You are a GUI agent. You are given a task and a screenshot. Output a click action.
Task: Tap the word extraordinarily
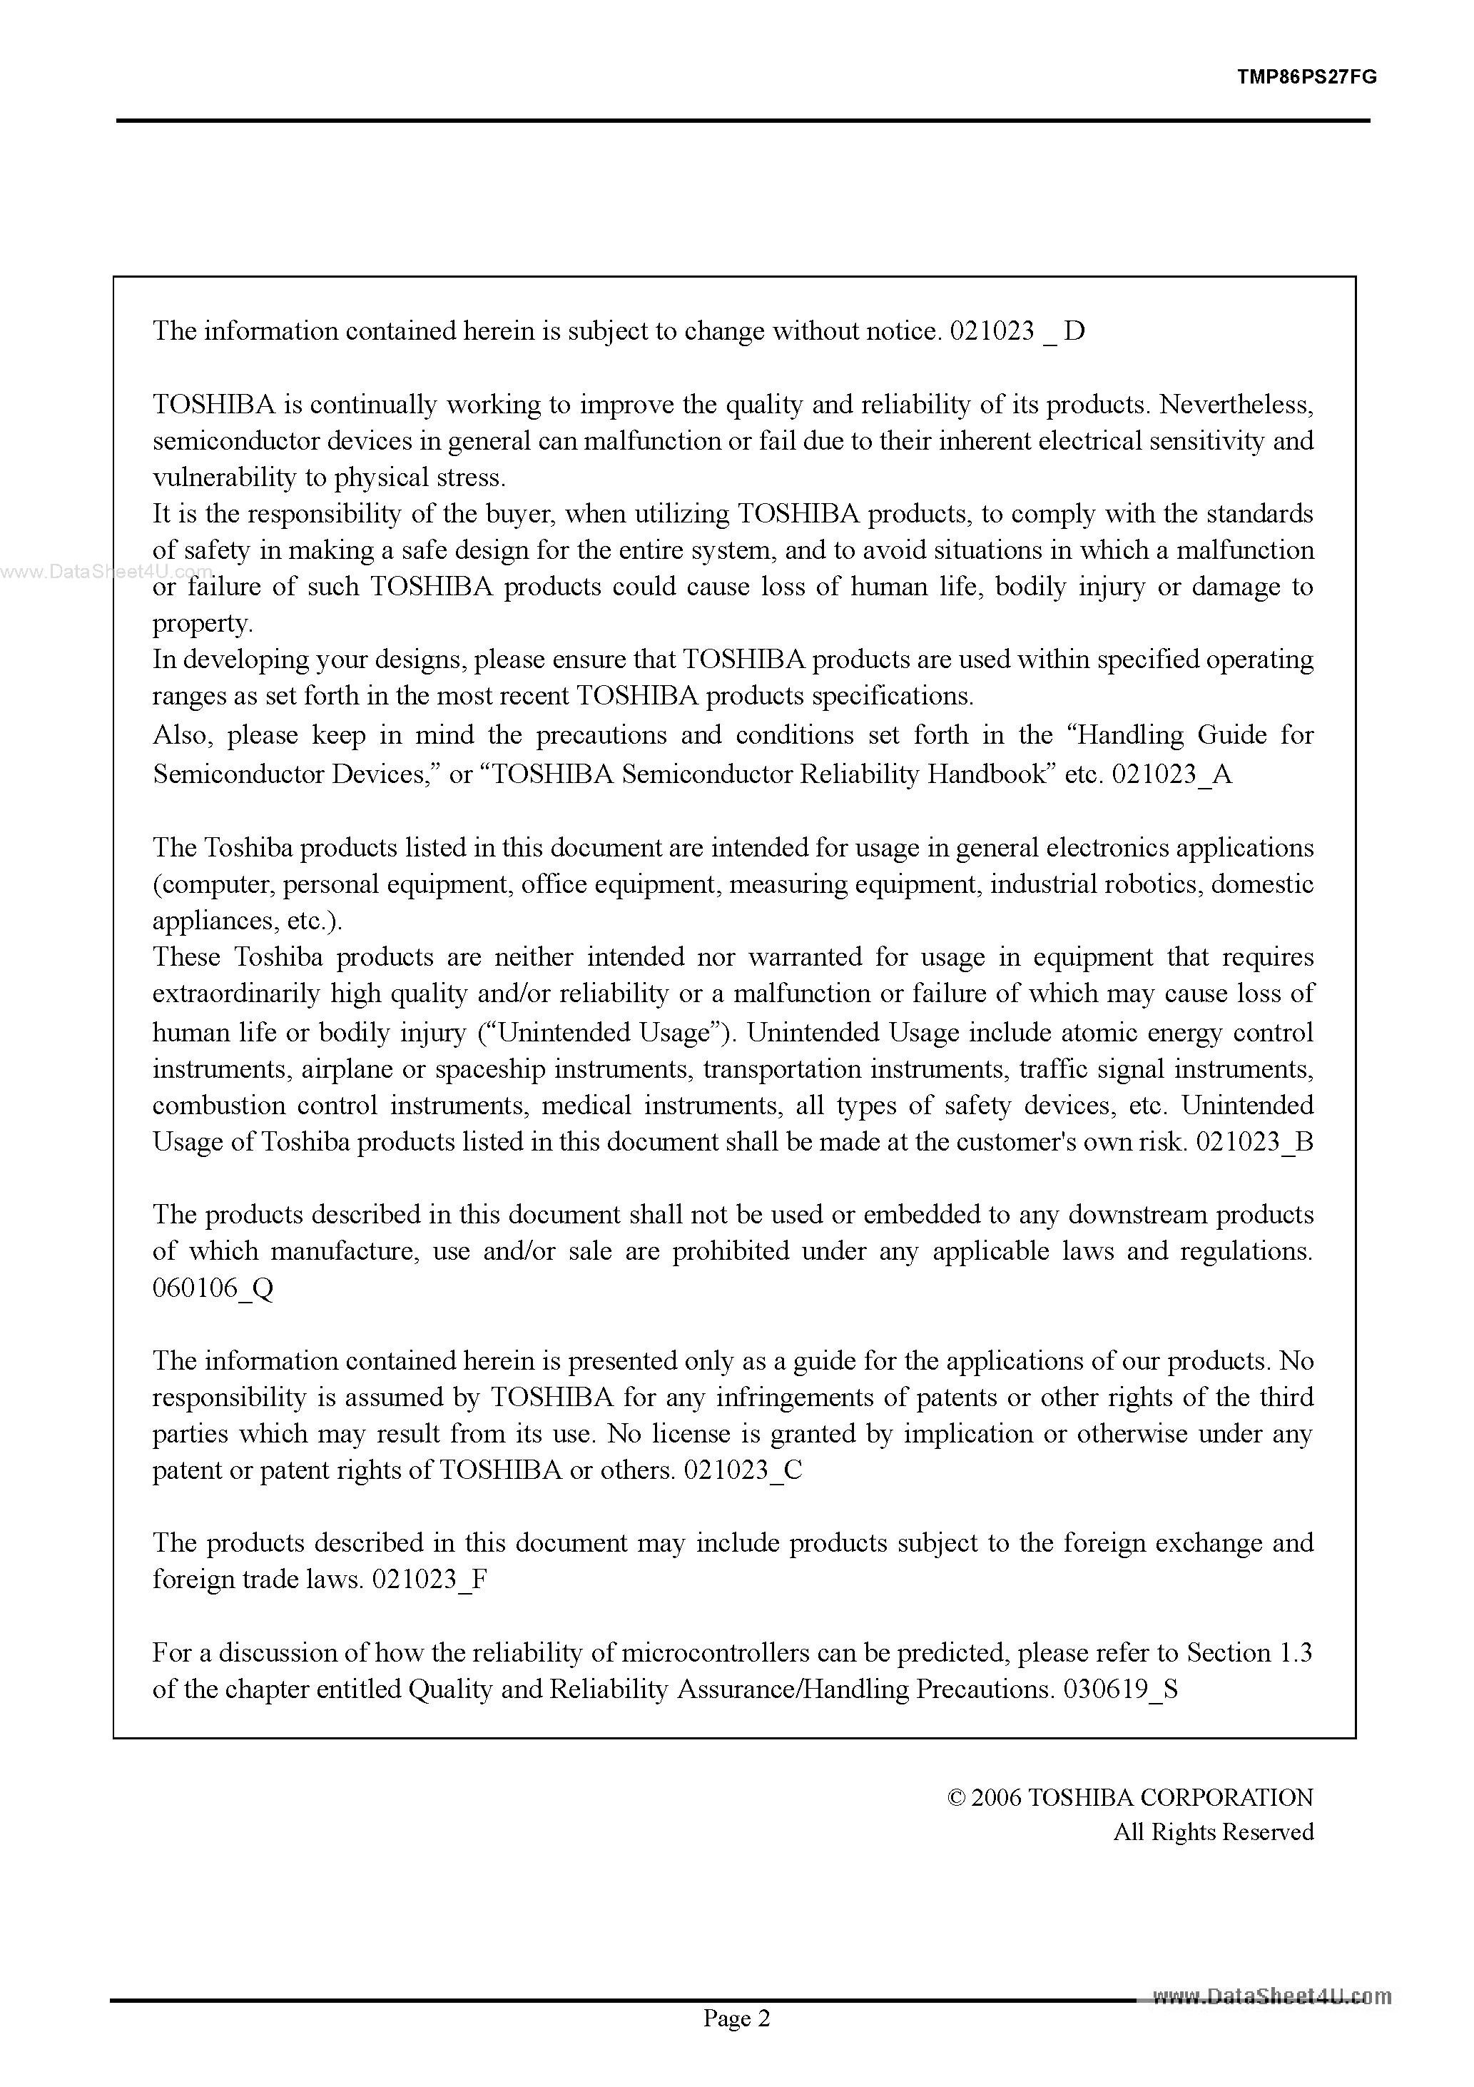click(236, 994)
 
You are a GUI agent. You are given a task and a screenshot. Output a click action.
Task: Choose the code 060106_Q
click(213, 1289)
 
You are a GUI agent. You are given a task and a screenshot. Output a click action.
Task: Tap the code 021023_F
click(430, 1580)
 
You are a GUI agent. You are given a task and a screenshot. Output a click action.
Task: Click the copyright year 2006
click(997, 1798)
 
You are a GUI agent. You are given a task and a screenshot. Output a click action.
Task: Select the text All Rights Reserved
click(1213, 1831)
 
